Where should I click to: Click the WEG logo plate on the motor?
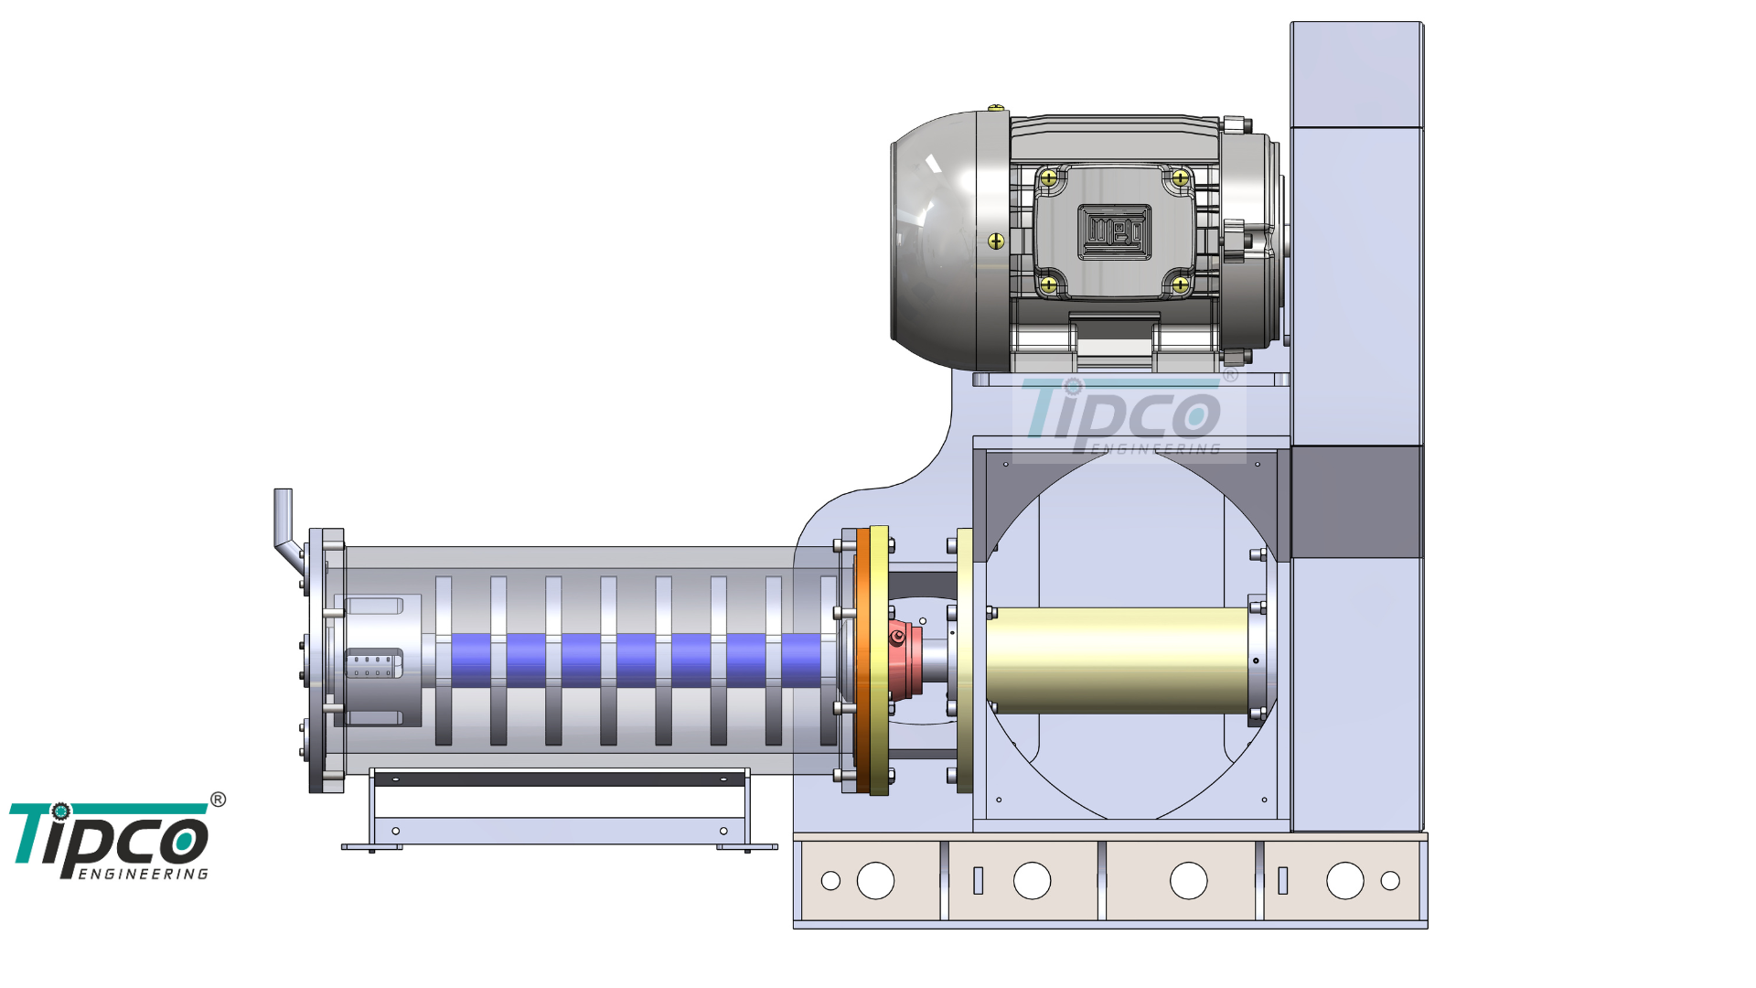(x=1114, y=232)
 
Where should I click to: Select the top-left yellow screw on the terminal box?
(x=1049, y=177)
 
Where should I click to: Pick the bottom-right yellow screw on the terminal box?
(x=1181, y=285)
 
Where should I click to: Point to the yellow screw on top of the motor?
(x=996, y=109)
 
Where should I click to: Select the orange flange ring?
(x=863, y=660)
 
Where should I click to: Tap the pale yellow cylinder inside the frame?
(x=1118, y=660)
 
